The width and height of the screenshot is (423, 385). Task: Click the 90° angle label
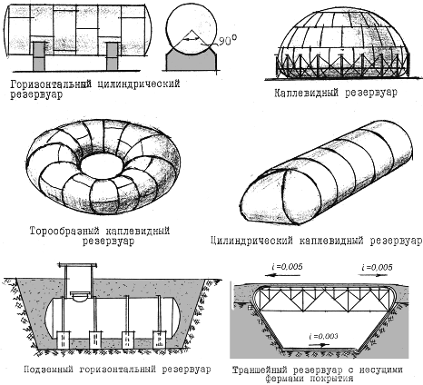tap(227, 41)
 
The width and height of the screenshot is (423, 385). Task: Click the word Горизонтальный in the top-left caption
tap(51, 84)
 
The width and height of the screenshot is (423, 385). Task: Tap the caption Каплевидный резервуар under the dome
tap(336, 93)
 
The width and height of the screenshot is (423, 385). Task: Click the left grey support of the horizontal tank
tap(39, 56)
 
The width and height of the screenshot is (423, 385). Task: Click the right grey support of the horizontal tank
tap(112, 56)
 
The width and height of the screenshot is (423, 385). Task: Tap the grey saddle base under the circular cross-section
tap(192, 61)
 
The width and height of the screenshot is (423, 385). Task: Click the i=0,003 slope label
tap(323, 337)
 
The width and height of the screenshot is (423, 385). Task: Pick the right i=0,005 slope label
tap(377, 267)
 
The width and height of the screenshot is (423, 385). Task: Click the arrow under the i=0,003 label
tap(319, 345)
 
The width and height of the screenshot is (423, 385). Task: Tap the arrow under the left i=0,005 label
tap(282, 275)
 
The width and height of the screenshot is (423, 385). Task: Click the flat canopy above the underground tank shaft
tap(78, 265)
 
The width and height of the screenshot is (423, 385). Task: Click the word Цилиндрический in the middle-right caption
tap(251, 241)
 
